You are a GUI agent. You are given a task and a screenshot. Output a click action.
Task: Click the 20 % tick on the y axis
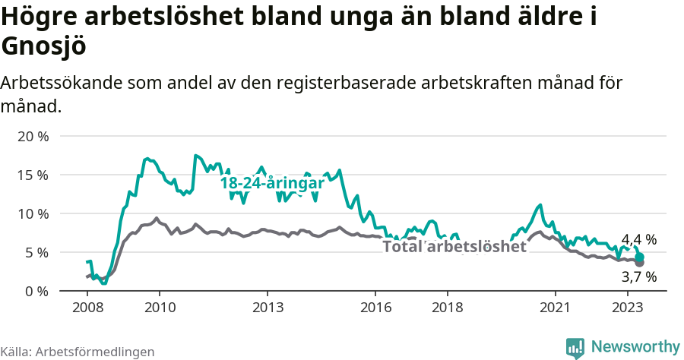pos(32,137)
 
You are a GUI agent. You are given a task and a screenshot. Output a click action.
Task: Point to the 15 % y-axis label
pos(32,175)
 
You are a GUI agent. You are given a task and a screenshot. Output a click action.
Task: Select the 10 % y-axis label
pos(32,213)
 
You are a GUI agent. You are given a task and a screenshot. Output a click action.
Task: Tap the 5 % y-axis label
pos(36,252)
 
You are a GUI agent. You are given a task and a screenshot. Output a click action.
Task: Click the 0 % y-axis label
pos(36,291)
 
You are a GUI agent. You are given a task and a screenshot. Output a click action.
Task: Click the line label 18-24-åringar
pos(272,183)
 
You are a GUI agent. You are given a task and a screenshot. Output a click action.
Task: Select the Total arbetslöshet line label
pos(454,246)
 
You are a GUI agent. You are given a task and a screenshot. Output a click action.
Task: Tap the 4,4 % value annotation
pos(638,240)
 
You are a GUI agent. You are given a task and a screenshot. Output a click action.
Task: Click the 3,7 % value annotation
pos(638,277)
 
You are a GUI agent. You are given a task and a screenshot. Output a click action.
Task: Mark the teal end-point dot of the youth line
pos(640,257)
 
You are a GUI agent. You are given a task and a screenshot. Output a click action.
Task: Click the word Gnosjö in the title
pos(44,46)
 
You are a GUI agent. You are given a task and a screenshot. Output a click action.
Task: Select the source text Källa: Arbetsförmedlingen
pos(78,352)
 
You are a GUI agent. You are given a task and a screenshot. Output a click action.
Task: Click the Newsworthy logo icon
pos(575,347)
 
